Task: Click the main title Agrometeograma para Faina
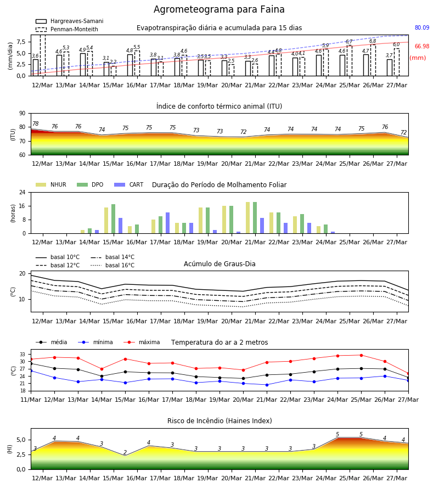(219, 9)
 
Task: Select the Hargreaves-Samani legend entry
(70, 21)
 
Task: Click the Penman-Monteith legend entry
(67, 29)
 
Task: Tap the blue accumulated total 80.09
(422, 28)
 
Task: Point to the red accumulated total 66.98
(422, 46)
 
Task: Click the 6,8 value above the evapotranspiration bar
(373, 41)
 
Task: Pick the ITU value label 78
(36, 124)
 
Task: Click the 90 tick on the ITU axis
(22, 114)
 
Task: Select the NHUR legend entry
(51, 184)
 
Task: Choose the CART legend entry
(128, 184)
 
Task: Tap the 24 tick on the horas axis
(22, 192)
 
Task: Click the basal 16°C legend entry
(112, 265)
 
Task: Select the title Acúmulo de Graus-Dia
(219, 263)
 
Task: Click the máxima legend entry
(142, 342)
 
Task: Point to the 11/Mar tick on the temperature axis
(31, 400)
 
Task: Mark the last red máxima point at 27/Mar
(408, 374)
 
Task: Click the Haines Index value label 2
(125, 452)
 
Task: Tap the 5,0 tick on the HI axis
(21, 440)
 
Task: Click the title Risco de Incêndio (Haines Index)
(219, 420)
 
